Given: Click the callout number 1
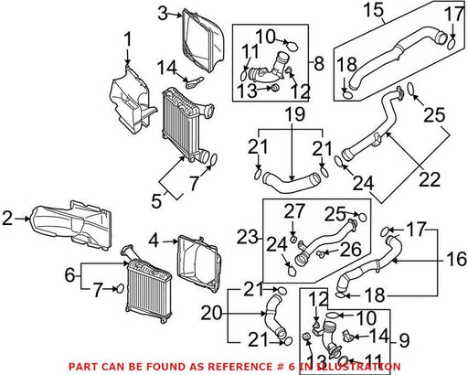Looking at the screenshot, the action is [128, 40].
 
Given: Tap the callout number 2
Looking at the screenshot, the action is [7, 219].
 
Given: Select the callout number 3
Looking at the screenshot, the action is [164, 14].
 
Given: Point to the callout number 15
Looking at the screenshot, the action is [374, 9].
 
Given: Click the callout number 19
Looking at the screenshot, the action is [294, 114].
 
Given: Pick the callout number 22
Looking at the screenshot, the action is [430, 179].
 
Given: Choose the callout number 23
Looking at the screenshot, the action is [248, 237].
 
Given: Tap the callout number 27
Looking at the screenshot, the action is [294, 211].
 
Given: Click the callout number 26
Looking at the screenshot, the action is [351, 249].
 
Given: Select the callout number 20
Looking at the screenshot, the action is [211, 313].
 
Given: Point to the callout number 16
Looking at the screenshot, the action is [456, 259].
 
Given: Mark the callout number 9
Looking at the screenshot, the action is [404, 340].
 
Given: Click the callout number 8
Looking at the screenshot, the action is [319, 63].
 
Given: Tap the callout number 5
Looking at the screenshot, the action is [156, 201].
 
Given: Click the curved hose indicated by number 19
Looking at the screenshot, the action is [290, 184].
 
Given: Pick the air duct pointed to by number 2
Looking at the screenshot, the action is [70, 226].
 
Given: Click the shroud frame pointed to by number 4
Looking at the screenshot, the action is [198, 262].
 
